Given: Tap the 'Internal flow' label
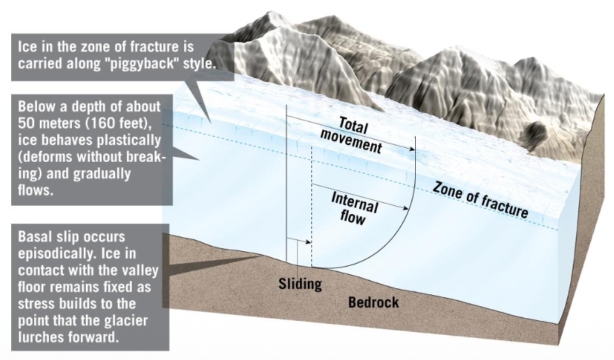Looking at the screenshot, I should click(354, 208).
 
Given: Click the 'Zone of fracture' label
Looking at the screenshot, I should click(480, 196).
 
